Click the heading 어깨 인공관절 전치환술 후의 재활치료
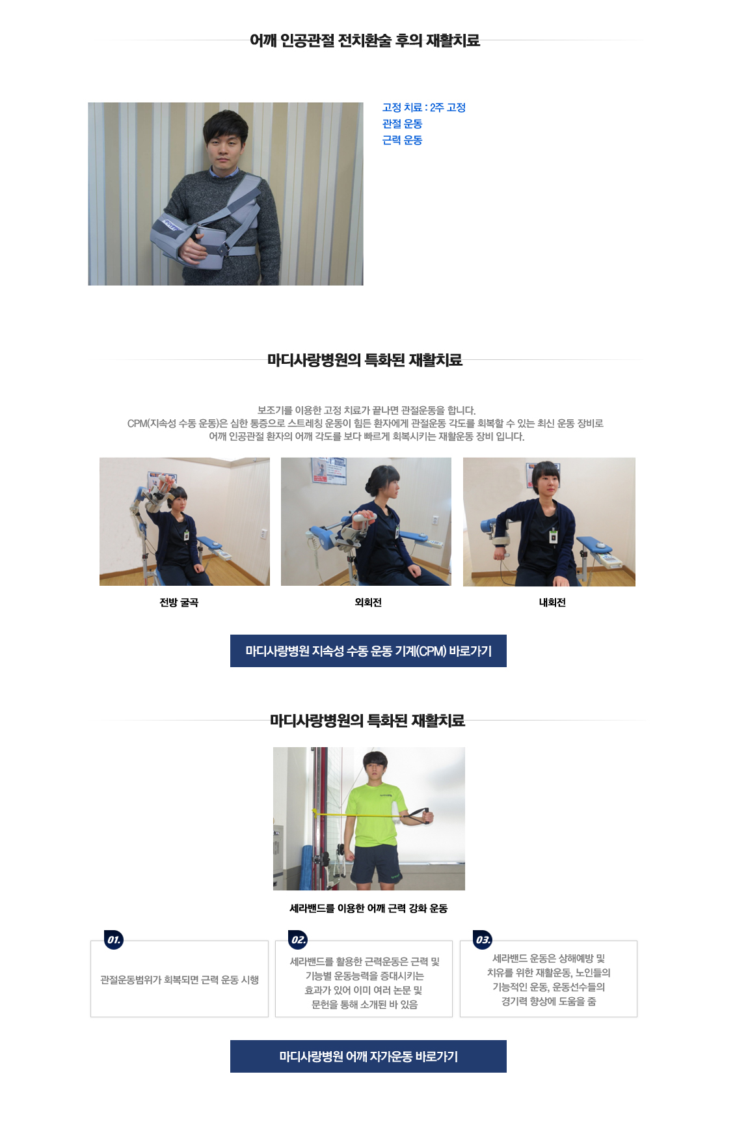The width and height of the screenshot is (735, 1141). (x=365, y=40)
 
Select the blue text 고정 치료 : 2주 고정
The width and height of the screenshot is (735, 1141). (x=424, y=107)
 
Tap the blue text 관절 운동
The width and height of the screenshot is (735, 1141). (x=403, y=124)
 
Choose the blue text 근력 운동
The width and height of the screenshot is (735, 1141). (x=403, y=140)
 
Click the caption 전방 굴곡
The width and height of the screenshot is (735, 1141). (x=179, y=603)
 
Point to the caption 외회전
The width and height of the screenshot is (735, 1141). (x=368, y=603)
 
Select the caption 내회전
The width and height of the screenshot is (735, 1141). (x=552, y=603)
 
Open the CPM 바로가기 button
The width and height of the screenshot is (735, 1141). (x=368, y=651)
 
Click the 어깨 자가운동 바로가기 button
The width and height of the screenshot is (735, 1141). (x=368, y=1056)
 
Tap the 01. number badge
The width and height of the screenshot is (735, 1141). (x=114, y=940)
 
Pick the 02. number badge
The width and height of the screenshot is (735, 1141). (x=298, y=940)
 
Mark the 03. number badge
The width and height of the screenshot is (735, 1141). (x=483, y=940)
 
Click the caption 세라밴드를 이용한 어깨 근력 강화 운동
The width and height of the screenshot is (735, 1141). (x=368, y=909)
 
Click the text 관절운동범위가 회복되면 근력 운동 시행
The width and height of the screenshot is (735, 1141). (x=180, y=980)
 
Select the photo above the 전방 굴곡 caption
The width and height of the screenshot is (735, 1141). (x=185, y=521)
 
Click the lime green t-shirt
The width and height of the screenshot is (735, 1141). (x=375, y=816)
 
